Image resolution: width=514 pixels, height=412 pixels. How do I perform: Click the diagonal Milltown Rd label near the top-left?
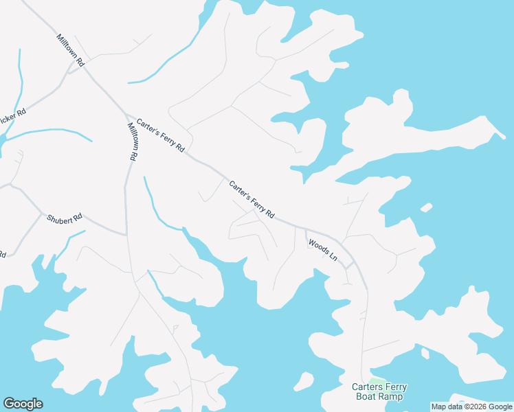[70, 50]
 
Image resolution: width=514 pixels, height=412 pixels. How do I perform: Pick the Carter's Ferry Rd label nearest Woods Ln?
[252, 199]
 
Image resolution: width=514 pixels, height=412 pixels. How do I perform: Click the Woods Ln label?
[323, 249]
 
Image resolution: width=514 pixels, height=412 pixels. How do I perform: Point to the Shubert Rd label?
[65, 218]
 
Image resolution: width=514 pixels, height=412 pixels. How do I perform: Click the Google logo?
[23, 404]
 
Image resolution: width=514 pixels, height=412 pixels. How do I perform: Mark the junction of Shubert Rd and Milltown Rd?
[126, 235]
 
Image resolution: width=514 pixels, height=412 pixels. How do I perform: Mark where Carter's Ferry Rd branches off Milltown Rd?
[124, 111]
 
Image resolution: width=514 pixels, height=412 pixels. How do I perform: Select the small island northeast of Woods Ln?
[426, 207]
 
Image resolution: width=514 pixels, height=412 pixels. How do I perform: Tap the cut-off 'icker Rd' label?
[13, 117]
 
